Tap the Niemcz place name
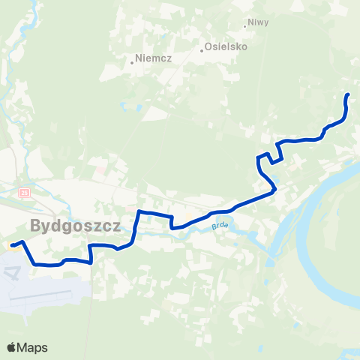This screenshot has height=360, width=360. click(x=153, y=58)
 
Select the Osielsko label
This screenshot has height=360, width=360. click(x=228, y=46)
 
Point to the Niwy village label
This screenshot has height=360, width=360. click(x=259, y=23)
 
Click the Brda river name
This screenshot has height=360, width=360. click(x=219, y=224)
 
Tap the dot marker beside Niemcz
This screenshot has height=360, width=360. click(x=132, y=62)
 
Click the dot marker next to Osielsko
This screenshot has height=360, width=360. click(x=202, y=51)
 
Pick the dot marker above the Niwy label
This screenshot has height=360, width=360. click(x=245, y=26)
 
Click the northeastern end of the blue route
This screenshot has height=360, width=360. click(x=347, y=95)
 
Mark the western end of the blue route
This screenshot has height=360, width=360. click(x=12, y=244)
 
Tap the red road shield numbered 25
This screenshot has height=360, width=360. click(x=24, y=193)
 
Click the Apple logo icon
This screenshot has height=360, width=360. click(x=11, y=347)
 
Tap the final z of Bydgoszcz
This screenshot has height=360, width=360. click(x=116, y=226)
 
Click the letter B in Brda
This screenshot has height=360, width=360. click(x=213, y=224)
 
